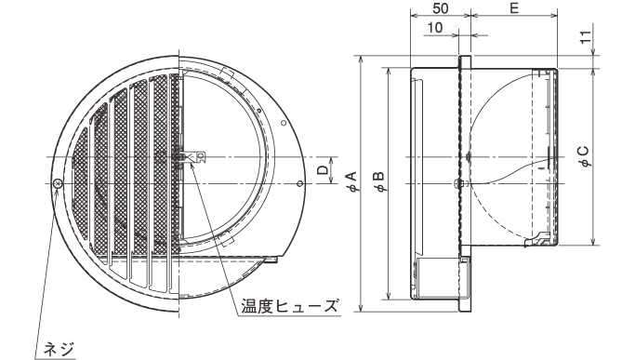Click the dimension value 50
[441, 8]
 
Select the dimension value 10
[435, 28]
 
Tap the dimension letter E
[514, 8]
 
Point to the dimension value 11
[586, 36]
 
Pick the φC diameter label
[584, 156]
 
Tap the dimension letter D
[322, 170]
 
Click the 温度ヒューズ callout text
[289, 305]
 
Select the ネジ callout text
[60, 349]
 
